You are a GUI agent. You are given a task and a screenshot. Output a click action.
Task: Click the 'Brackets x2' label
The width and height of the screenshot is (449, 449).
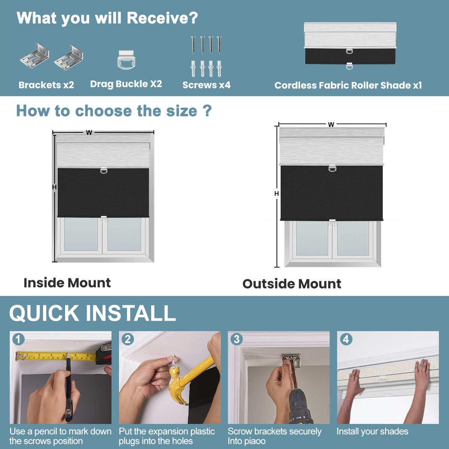[x=46, y=85]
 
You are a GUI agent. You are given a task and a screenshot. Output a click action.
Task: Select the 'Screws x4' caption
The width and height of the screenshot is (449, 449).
[x=206, y=85]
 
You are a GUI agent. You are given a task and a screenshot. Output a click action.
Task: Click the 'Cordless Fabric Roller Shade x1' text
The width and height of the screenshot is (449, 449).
[x=348, y=85]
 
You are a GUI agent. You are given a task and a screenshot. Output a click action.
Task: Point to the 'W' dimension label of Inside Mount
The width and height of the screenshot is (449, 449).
[x=89, y=132]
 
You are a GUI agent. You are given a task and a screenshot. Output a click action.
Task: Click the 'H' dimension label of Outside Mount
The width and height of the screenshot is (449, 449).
[x=277, y=193]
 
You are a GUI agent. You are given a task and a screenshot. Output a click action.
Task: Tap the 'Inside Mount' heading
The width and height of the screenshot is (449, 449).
[x=67, y=282]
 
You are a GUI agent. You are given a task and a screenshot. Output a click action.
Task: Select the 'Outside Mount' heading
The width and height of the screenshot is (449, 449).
[x=291, y=284]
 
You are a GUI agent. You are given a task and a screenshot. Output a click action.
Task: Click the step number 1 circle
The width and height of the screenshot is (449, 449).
[x=18, y=339]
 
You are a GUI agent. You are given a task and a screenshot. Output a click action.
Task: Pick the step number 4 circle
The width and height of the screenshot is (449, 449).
[x=346, y=339]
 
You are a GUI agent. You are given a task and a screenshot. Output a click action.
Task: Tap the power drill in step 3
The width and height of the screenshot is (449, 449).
[x=299, y=406]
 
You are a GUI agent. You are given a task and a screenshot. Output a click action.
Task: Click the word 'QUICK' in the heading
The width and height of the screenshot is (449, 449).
[x=44, y=313]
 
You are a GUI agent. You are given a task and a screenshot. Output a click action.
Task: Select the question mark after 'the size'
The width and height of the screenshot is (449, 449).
[x=207, y=111]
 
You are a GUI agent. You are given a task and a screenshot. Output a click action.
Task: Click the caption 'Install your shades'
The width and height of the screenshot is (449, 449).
[x=372, y=431]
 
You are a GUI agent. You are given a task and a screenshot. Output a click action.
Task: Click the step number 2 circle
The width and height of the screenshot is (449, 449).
[x=128, y=339]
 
